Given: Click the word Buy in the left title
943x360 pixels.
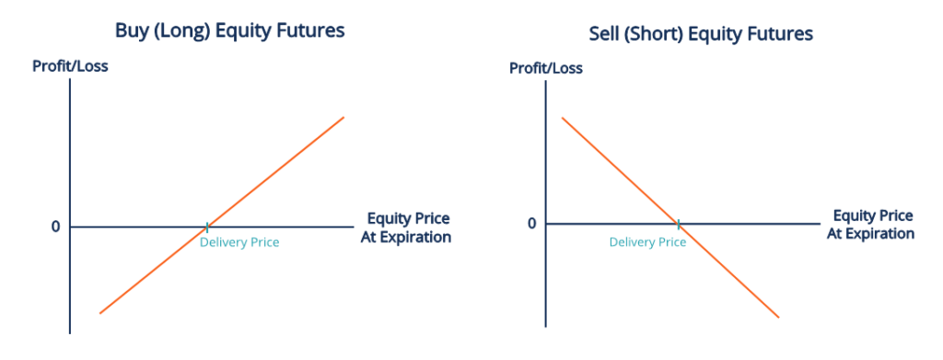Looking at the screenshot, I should [131, 30].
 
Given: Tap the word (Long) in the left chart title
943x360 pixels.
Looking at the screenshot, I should [180, 30].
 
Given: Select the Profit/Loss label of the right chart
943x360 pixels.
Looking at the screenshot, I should [546, 67].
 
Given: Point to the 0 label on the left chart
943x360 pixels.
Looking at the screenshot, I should [55, 226].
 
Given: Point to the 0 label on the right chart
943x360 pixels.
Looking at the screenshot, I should [530, 224].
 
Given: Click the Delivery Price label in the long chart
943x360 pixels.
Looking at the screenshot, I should [239, 242].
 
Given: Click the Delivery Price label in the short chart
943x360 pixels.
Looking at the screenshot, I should [647, 242].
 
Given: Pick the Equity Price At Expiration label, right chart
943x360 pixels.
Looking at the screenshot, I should [871, 225].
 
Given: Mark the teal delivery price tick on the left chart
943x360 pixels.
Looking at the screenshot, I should [207, 226].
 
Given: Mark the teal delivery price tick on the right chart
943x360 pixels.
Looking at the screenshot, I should [679, 224].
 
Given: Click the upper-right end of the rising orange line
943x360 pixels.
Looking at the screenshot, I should [343, 117].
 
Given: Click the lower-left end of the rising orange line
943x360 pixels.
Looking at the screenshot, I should [99, 313].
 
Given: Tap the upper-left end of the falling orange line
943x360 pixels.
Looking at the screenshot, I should [561, 118].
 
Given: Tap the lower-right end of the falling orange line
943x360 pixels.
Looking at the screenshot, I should [779, 318].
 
